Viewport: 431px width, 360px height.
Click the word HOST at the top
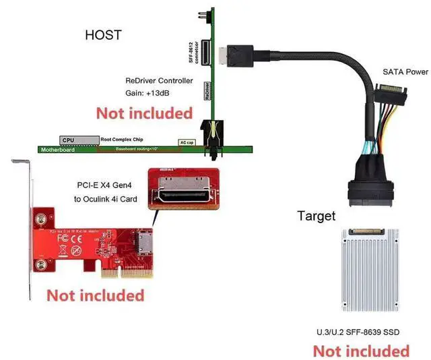[104, 35]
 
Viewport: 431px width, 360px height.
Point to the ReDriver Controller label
[160, 80]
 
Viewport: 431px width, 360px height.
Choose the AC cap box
[187, 142]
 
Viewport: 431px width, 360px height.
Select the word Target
[316, 216]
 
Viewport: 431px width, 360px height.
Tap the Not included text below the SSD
[361, 351]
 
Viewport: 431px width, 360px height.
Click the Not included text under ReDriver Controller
[144, 113]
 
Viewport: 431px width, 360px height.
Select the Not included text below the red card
[95, 295]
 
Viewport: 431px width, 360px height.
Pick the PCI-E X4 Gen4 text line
[107, 185]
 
